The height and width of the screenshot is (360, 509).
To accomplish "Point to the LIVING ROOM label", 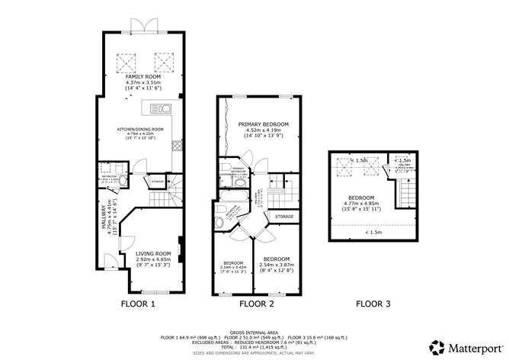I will coord(153,253).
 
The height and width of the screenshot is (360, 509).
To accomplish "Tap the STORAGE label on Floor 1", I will coord(158,182).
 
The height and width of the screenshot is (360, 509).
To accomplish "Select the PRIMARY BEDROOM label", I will coord(263,124).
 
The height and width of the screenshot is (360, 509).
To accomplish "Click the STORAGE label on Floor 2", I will coord(284,217).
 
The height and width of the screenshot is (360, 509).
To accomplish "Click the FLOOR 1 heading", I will coord(138,304).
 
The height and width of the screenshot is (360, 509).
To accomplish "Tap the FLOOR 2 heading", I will coord(256,304).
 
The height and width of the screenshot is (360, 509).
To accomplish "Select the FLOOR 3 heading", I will coord(373,304).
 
